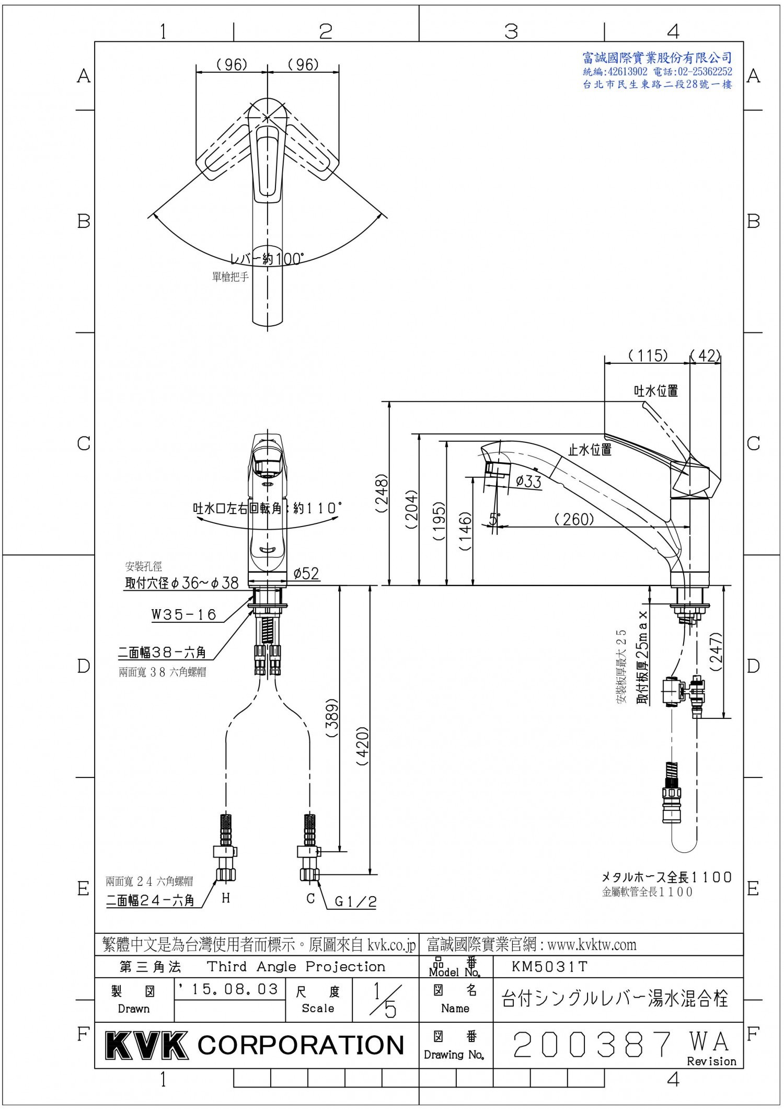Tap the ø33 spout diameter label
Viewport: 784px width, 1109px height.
[x=528, y=481]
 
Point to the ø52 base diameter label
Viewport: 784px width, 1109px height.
[x=306, y=573]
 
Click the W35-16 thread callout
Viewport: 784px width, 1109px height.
[x=184, y=614]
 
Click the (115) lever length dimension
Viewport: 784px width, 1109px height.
[x=648, y=356]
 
